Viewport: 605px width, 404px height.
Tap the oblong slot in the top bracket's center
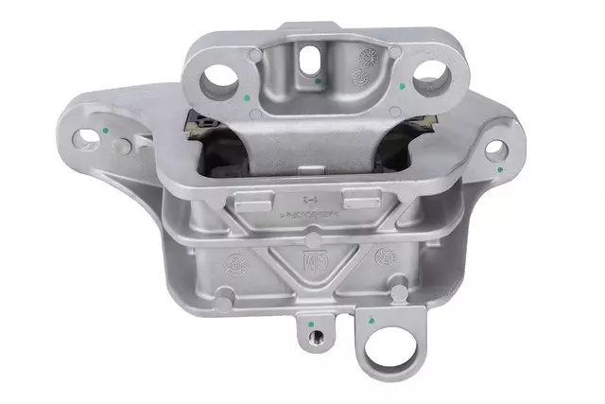click(x=305, y=59)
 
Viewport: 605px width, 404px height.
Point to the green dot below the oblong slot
click(x=319, y=83)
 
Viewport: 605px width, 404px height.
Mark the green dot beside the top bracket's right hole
click(x=404, y=87)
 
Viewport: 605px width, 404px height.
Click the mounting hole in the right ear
click(x=493, y=149)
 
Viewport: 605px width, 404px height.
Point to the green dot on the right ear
click(x=500, y=169)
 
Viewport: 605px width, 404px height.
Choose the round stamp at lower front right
click(x=385, y=256)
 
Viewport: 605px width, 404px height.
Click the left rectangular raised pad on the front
click(x=248, y=200)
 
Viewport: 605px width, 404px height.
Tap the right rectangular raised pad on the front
click(x=358, y=199)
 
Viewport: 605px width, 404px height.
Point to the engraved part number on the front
click(x=304, y=217)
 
